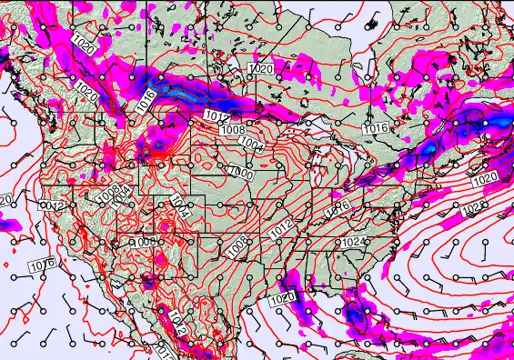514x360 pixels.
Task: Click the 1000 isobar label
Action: pos(241,172)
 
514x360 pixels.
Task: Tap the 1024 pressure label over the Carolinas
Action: pos(353,242)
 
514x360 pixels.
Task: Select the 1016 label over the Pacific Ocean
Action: pos(41,265)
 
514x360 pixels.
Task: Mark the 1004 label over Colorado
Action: pos(180,211)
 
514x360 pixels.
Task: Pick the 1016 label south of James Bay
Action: pos(377,129)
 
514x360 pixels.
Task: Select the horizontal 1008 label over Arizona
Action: pos(143,242)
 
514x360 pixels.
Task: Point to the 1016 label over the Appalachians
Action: pos(338,207)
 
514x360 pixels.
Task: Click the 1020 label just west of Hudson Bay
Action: pos(261,69)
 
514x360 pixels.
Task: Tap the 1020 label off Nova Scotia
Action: pos(485,179)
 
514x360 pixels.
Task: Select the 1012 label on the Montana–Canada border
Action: pos(217,116)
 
